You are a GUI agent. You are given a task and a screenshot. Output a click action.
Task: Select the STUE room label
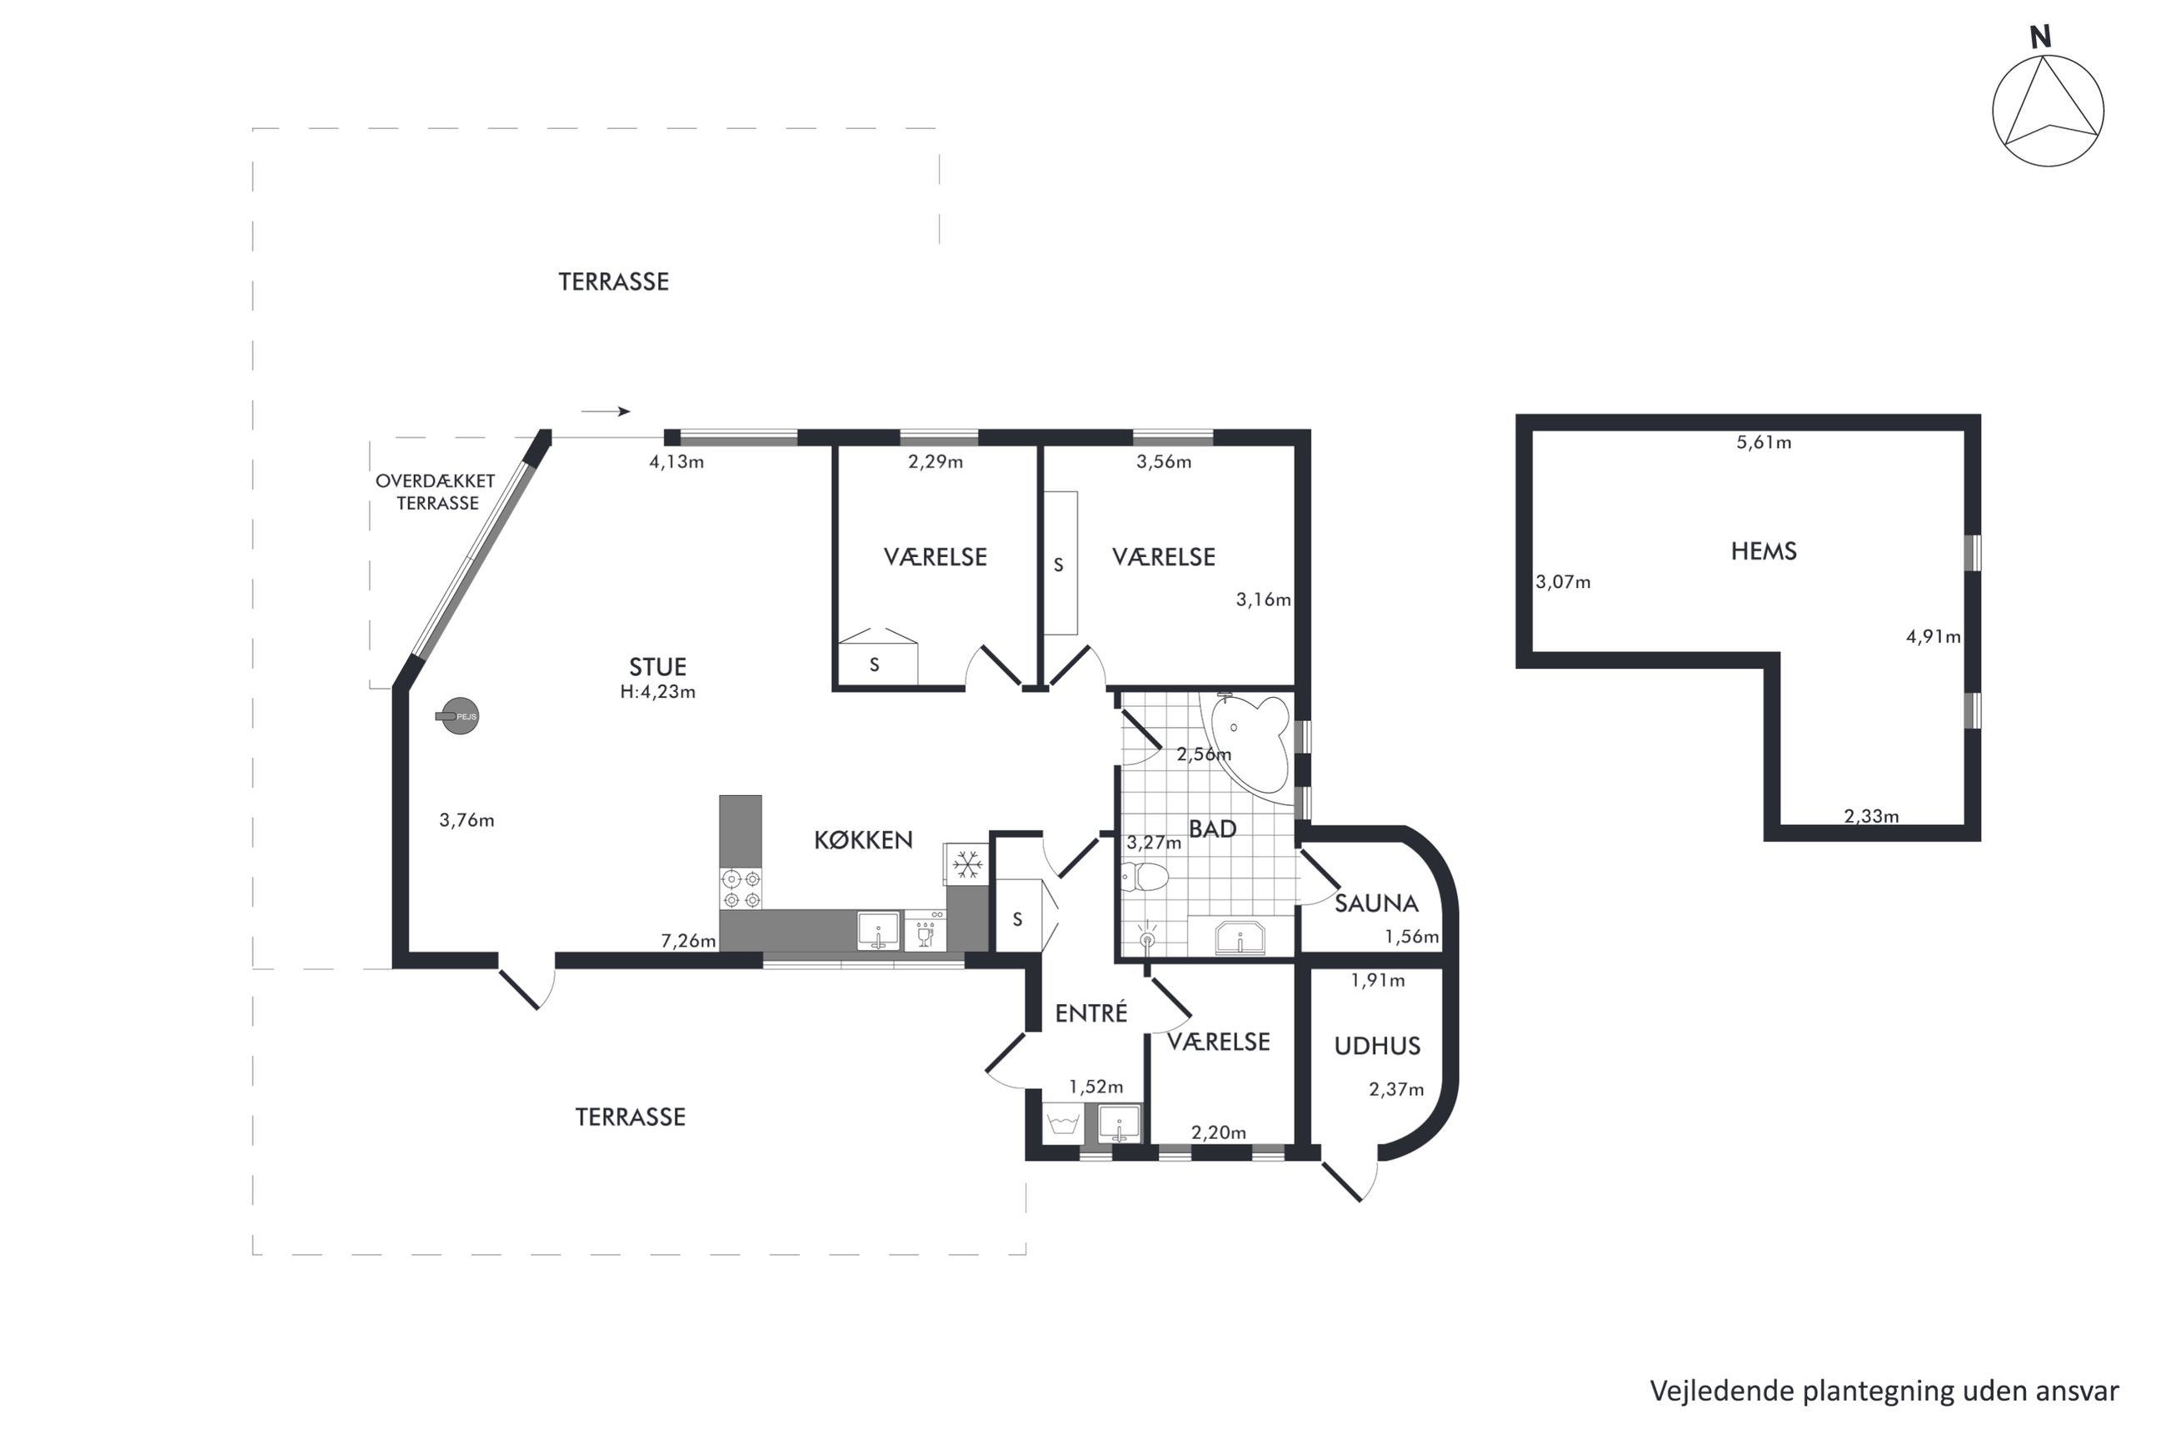pyautogui.click(x=657, y=666)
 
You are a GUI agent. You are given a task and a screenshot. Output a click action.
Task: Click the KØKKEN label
pyautogui.click(x=862, y=839)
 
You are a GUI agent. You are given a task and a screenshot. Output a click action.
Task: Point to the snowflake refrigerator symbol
pyautogui.click(x=966, y=864)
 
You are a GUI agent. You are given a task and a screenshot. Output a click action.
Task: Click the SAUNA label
pyautogui.click(x=1375, y=903)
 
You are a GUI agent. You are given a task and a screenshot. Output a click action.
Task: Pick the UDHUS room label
pyautogui.click(x=1376, y=1046)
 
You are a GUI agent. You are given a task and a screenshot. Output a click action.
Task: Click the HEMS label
pyautogui.click(x=1763, y=551)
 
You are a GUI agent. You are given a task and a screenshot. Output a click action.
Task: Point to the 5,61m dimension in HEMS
pyautogui.click(x=1763, y=443)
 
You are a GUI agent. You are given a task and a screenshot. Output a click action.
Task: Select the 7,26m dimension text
pyautogui.click(x=687, y=941)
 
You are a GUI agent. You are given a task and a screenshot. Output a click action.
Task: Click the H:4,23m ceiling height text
pyautogui.click(x=657, y=692)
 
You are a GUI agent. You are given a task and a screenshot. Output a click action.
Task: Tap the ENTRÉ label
pyautogui.click(x=1090, y=1013)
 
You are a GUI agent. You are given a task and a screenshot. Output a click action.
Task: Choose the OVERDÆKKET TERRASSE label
pyautogui.click(x=436, y=491)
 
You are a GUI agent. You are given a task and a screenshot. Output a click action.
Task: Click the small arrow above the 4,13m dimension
pyautogui.click(x=606, y=411)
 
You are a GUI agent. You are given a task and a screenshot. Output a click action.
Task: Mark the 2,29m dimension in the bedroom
pyautogui.click(x=936, y=462)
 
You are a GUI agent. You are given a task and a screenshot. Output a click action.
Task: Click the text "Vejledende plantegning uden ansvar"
pyautogui.click(x=1884, y=1390)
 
